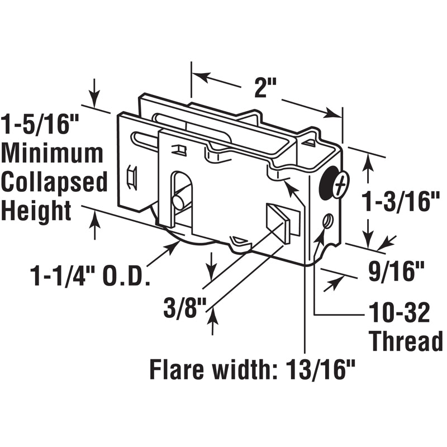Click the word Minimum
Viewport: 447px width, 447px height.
point(53,153)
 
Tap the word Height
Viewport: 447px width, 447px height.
point(36,211)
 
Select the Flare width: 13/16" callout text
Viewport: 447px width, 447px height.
point(253,369)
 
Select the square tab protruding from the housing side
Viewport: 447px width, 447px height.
point(279,221)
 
